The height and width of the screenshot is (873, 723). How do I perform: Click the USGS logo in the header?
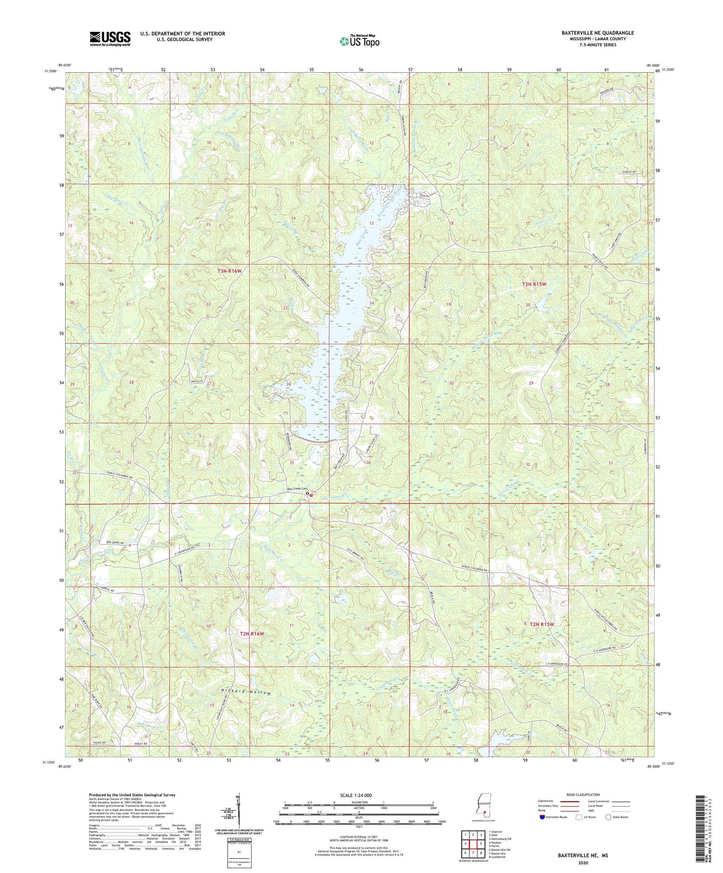tap(109, 39)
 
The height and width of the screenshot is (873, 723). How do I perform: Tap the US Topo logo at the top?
tap(360, 41)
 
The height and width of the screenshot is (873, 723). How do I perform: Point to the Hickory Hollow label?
tap(240, 692)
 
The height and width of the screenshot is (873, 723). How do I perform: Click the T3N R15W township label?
tap(534, 284)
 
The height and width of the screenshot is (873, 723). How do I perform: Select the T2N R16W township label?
tap(252, 634)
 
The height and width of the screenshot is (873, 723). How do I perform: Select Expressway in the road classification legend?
tap(547, 801)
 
